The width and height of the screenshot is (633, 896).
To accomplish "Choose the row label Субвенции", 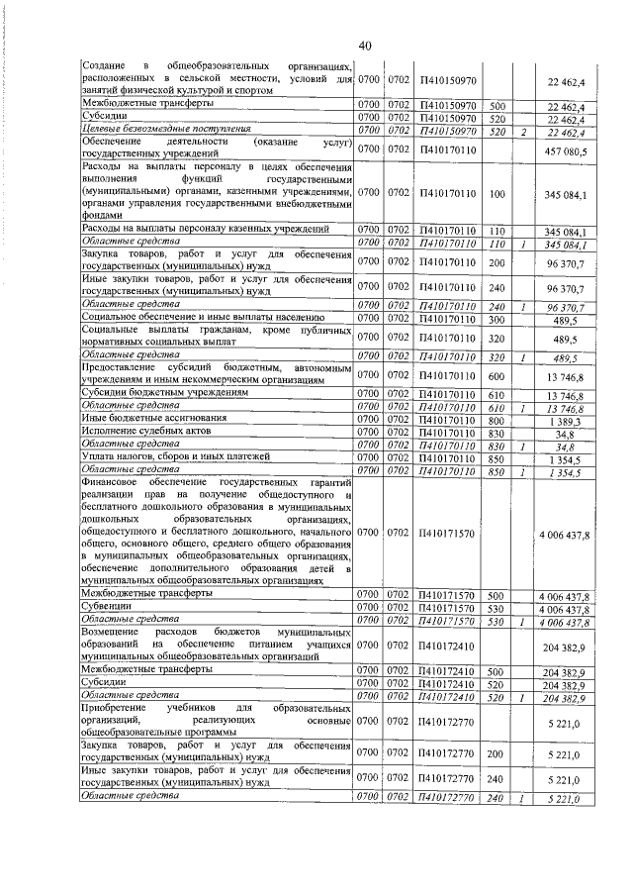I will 106,608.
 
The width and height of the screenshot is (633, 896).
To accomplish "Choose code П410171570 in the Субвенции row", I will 447,608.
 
